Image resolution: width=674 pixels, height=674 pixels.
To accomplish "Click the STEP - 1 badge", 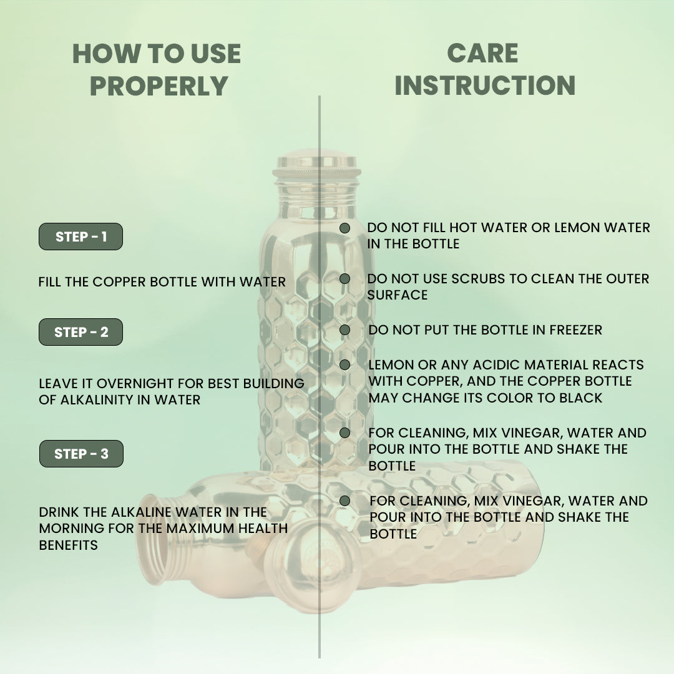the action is pyautogui.click(x=81, y=237).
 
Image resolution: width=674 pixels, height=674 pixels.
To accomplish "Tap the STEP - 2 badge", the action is pyautogui.click(x=81, y=332).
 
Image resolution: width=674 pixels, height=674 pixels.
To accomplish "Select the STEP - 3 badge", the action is pyautogui.click(x=81, y=454).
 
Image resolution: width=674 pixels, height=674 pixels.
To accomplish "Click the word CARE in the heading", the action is pyautogui.click(x=482, y=53).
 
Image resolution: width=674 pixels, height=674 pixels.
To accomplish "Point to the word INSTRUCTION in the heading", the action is pyautogui.click(x=485, y=85).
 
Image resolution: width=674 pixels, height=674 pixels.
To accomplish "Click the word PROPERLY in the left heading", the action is pyautogui.click(x=159, y=85).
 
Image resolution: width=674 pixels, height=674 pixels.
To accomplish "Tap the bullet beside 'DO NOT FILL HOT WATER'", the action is pyautogui.click(x=344, y=228).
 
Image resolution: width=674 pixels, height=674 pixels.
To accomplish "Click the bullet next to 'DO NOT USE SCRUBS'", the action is pyautogui.click(x=344, y=279).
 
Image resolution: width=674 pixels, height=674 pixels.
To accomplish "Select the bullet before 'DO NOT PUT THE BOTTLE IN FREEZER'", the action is pyautogui.click(x=344, y=330).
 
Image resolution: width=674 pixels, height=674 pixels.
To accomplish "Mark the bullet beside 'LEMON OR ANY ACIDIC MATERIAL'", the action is pyautogui.click(x=344, y=365).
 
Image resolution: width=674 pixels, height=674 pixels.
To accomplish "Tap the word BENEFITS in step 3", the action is pyautogui.click(x=69, y=545).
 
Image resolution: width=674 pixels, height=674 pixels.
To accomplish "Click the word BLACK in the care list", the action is pyautogui.click(x=581, y=398).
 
